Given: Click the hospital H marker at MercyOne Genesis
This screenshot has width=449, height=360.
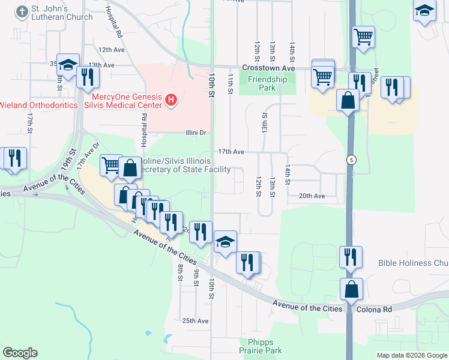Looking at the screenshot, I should coord(171,99).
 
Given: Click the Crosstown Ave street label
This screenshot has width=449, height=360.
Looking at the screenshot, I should coord(268,68).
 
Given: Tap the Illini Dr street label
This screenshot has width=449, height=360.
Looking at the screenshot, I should coord(194,133).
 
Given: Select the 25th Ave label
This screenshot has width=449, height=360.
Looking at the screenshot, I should coord(195,321).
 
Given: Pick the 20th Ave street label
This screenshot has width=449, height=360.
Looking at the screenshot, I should coord(312,196).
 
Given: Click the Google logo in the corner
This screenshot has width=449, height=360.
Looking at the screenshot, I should coord(20,353).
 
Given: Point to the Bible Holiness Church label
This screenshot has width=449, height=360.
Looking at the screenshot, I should coord(413,263).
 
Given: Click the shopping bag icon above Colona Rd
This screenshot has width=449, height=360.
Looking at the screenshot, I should coord(351,289).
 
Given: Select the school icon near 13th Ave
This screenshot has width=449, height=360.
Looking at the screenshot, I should coord(68,64).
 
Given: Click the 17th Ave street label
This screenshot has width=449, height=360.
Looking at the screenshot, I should coord(231,152).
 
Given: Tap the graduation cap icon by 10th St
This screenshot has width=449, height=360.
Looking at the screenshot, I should coord(225,241).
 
